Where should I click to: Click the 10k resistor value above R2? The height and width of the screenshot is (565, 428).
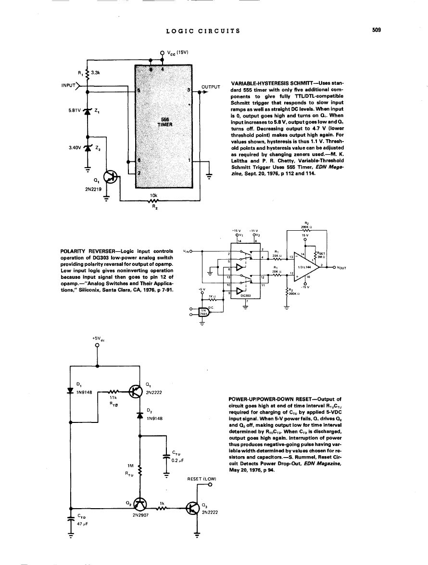pyautogui.click(x=153, y=195)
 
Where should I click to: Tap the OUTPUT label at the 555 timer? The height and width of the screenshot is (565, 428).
pyautogui.click(x=210, y=87)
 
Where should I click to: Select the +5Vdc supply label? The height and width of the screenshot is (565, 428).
pyautogui.click(x=98, y=339)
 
